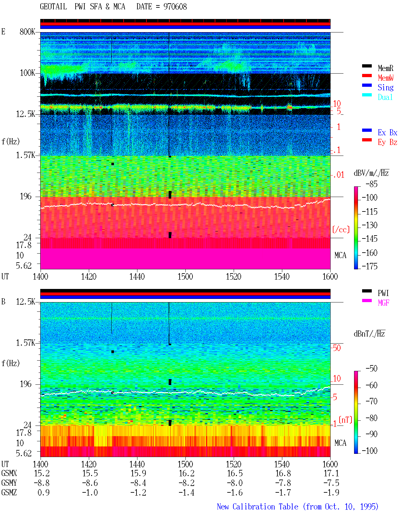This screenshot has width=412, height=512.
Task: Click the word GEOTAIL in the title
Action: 53,7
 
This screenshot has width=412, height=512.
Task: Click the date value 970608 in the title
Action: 175,7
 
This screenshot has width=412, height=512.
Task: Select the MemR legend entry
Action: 386,68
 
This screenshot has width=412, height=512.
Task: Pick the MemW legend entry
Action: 386,78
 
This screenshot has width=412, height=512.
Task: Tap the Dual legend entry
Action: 385,97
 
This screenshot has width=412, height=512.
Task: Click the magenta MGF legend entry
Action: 383,303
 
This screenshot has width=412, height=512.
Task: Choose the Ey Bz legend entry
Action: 388,142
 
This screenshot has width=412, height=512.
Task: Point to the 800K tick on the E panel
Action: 27,31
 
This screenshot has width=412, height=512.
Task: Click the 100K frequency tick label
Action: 27,73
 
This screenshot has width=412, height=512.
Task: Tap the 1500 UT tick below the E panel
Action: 185,276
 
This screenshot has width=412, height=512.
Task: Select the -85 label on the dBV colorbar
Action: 371,184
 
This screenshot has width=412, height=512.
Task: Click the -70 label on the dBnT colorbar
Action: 371,401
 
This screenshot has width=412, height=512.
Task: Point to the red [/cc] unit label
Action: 341,229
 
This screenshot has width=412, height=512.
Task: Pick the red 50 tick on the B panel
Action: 336,348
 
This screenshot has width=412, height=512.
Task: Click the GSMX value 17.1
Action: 331,473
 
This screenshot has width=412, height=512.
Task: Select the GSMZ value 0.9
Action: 43,492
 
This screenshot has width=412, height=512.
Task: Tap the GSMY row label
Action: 9,483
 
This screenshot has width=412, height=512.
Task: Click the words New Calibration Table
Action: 257,507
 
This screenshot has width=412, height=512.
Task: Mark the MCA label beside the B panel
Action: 340,443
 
